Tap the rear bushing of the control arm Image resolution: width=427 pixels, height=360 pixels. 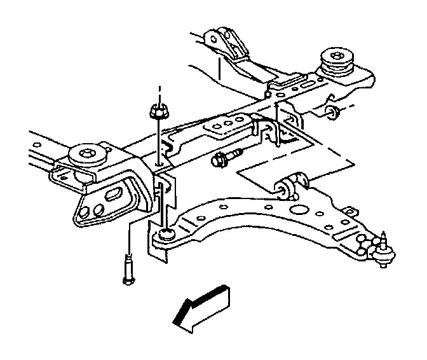coord(294,185)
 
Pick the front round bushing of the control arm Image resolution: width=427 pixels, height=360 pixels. coord(163,235)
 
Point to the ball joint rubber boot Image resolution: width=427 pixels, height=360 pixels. coord(380,256)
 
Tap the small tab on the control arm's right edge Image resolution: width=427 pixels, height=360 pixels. coord(349,208)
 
